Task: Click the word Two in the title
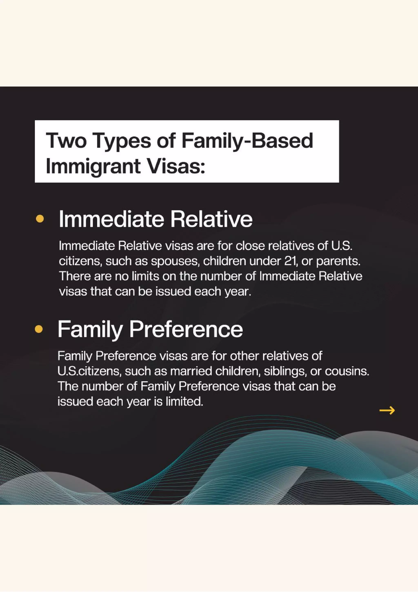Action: point(66,141)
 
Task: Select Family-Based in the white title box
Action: point(247,141)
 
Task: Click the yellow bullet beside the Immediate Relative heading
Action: point(40,219)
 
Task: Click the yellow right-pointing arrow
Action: point(387,410)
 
